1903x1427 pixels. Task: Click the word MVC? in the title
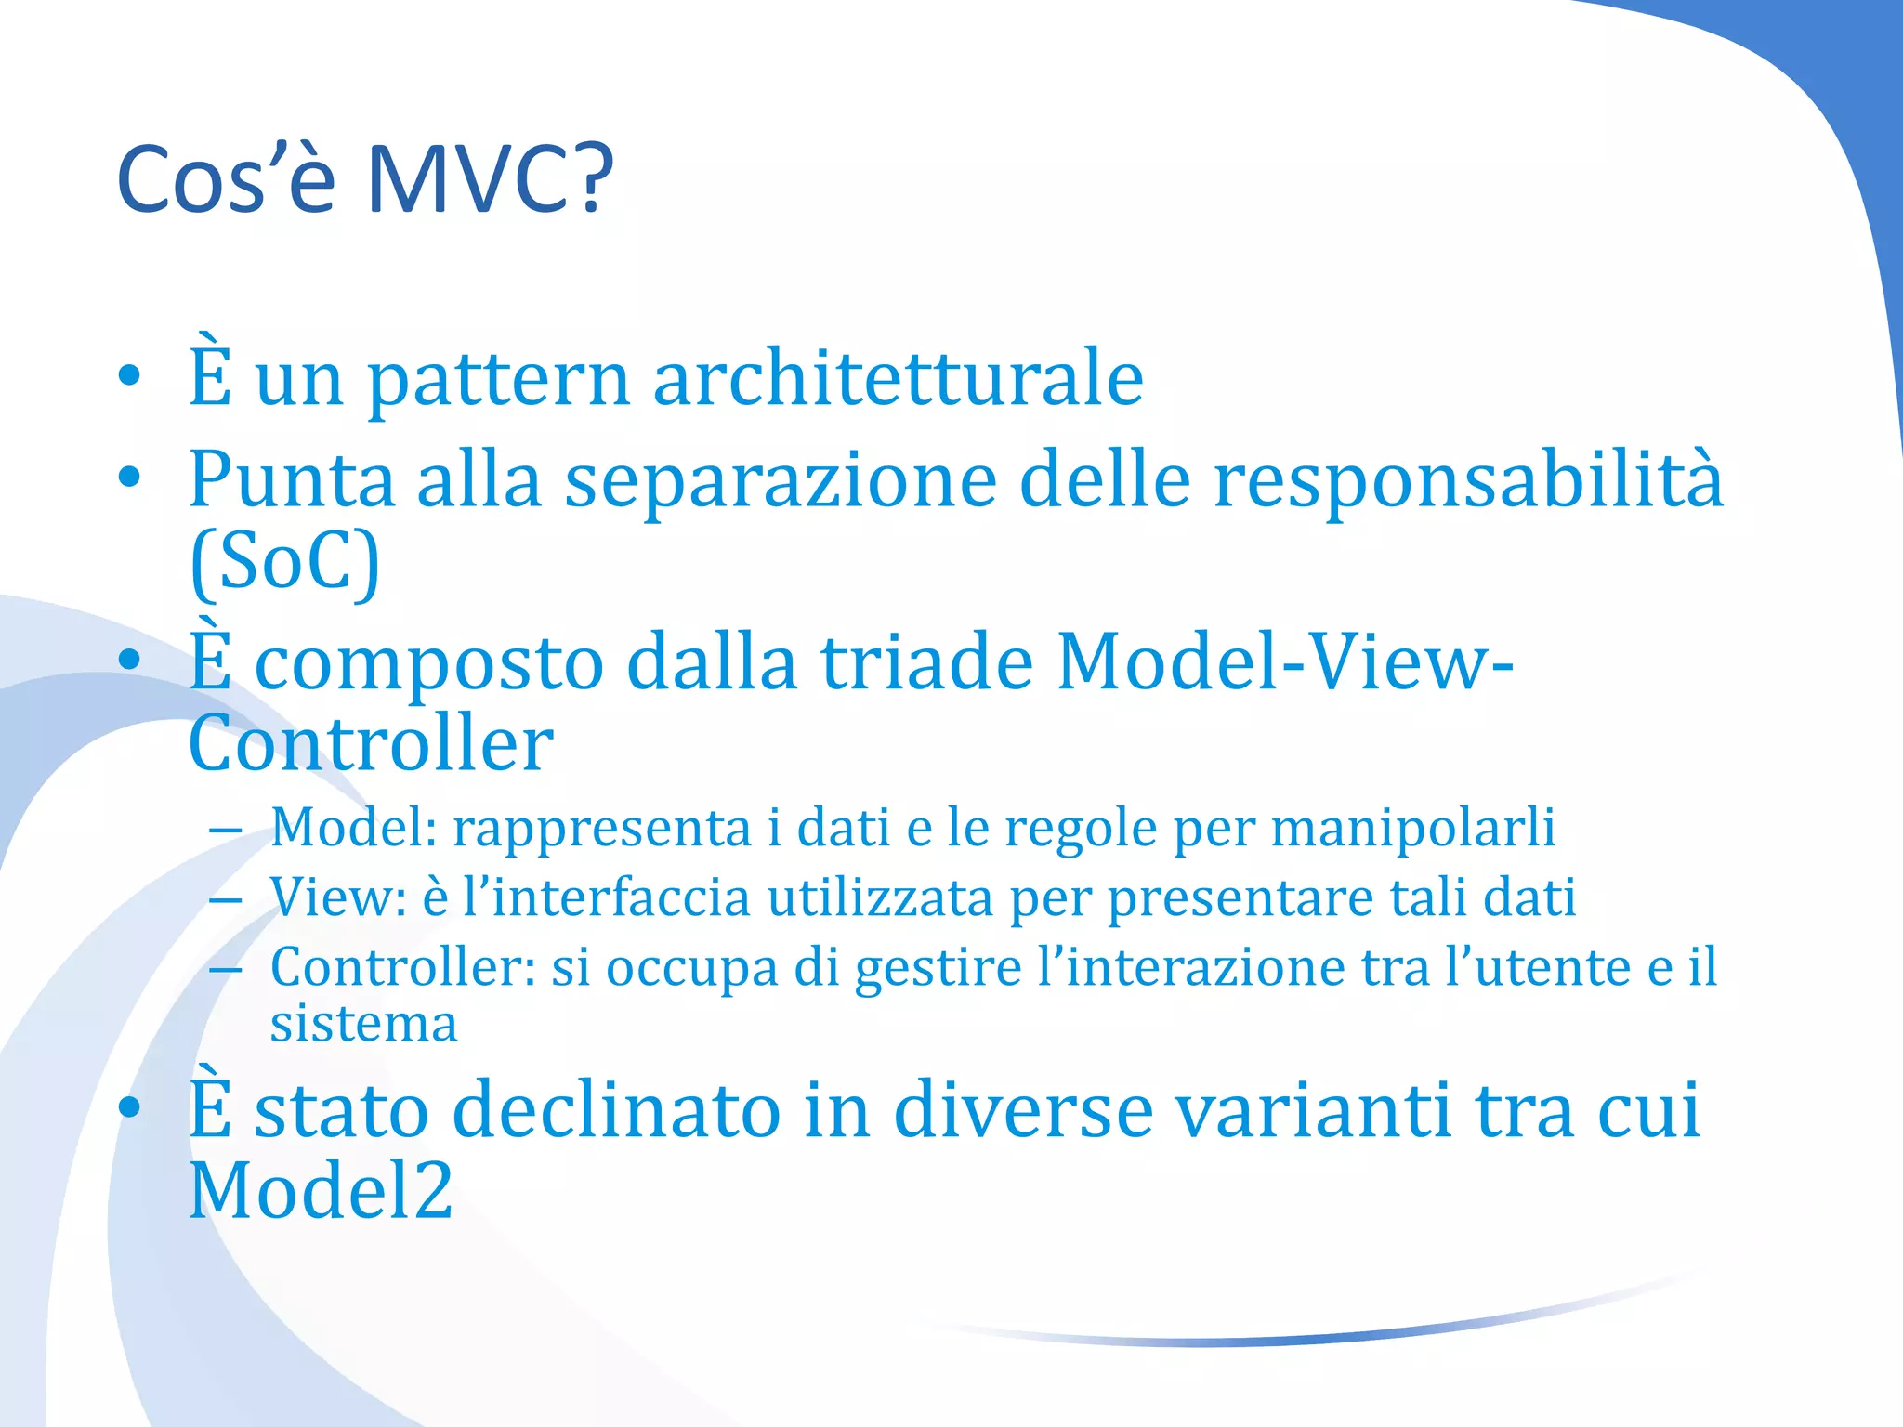point(490,178)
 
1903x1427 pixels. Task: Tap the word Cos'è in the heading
point(226,178)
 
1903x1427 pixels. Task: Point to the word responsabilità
point(1469,481)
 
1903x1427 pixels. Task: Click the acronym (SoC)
point(285,562)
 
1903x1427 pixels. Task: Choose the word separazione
point(781,481)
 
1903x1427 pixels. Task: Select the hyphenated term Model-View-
point(1285,661)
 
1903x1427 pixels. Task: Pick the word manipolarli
point(1412,827)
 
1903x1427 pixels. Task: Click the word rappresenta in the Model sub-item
point(601,829)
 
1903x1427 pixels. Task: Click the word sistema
point(363,1024)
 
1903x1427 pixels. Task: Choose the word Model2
point(321,1190)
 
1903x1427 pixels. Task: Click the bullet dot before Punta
point(129,479)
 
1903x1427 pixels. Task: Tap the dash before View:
point(226,900)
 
